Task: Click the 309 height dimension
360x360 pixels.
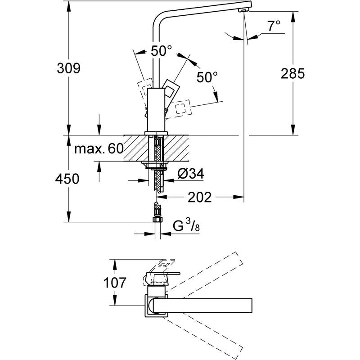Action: tap(68, 69)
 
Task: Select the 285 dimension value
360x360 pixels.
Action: tap(293, 73)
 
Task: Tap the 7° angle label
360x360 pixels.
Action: tap(274, 27)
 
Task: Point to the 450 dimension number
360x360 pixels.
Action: tap(67, 179)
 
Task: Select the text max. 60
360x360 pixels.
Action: tap(99, 149)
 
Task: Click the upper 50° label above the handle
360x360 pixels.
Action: tap(161, 51)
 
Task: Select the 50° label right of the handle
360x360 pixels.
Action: tap(207, 77)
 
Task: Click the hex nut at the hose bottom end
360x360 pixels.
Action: tap(157, 220)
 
